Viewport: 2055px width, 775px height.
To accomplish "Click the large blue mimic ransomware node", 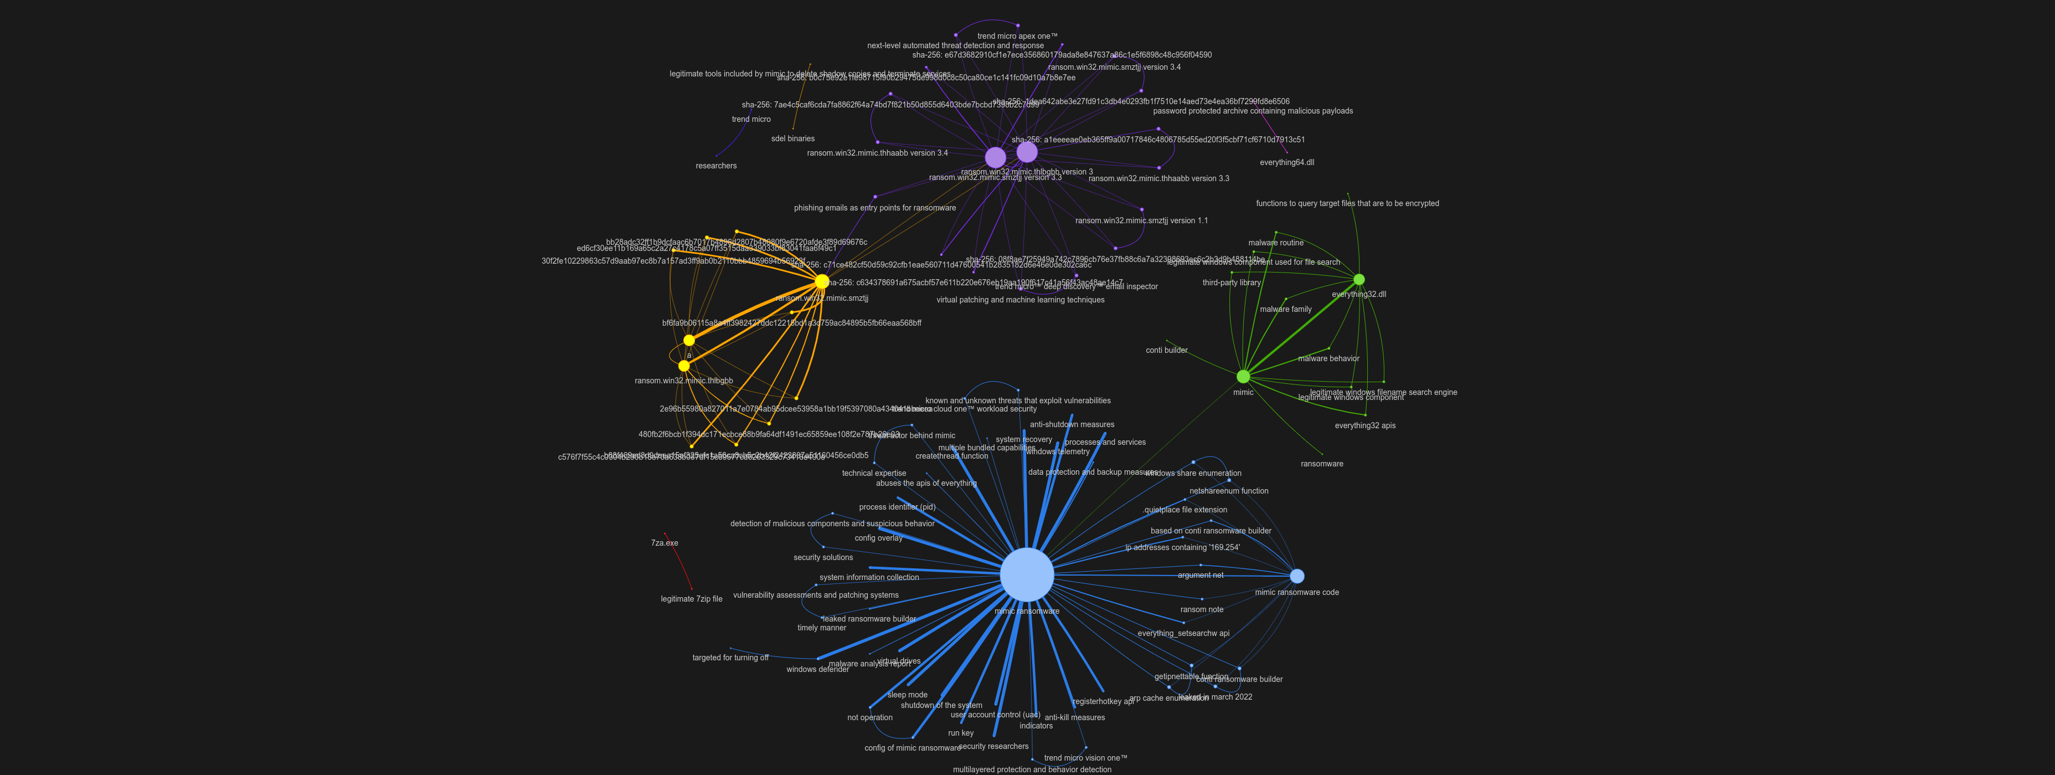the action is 1027,574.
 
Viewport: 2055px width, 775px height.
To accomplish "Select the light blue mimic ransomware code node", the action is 1297,576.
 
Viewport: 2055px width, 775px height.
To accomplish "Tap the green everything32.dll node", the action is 1359,279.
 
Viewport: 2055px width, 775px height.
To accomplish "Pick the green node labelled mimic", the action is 1243,377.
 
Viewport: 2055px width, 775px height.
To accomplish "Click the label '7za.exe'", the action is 665,543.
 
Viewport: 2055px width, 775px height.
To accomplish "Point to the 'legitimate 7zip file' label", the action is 692,599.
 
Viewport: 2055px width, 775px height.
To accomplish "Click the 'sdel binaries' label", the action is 793,139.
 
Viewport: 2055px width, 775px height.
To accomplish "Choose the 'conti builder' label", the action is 1166,351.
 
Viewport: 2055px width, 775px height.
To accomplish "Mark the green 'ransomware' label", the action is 1322,464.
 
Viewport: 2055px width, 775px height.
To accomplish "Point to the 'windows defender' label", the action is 818,669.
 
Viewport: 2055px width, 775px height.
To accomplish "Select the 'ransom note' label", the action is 1202,610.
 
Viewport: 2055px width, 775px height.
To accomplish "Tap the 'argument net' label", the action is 1200,576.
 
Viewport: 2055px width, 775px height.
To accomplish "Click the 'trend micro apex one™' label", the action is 1017,36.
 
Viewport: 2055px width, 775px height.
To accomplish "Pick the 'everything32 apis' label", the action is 1365,425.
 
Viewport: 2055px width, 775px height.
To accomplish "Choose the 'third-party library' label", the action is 1232,283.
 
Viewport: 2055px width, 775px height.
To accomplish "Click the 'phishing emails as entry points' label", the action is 874,208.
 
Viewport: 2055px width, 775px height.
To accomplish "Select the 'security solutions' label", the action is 823,557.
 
